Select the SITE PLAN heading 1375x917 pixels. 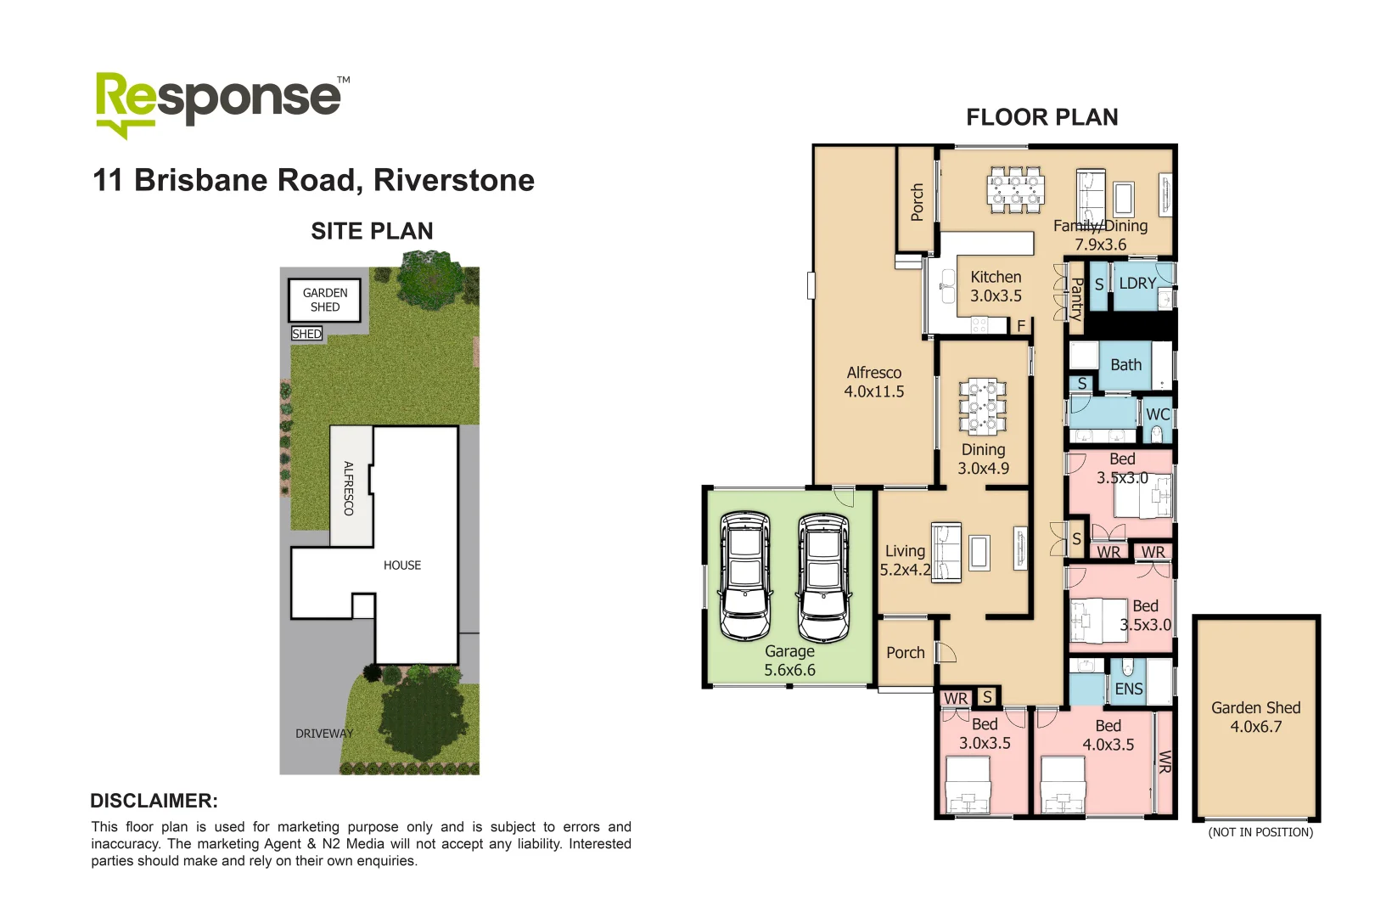(x=372, y=231)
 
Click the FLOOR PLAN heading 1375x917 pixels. (x=1042, y=117)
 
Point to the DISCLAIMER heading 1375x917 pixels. (x=154, y=801)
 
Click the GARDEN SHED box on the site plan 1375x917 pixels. (x=325, y=300)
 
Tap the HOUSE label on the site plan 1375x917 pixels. (x=401, y=565)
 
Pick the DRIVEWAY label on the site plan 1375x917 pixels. (x=324, y=734)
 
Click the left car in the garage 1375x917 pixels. (x=745, y=575)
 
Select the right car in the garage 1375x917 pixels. (x=822, y=577)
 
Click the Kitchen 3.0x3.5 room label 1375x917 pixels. (x=996, y=286)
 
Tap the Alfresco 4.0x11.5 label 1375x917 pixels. (x=873, y=382)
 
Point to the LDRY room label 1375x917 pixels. (x=1137, y=284)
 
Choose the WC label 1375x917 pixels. (x=1158, y=414)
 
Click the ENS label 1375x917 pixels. (x=1129, y=689)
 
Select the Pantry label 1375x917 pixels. (x=1076, y=299)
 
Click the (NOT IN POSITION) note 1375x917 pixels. (x=1260, y=832)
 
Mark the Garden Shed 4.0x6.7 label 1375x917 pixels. (x=1255, y=717)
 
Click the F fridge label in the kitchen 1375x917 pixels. (x=1021, y=326)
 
